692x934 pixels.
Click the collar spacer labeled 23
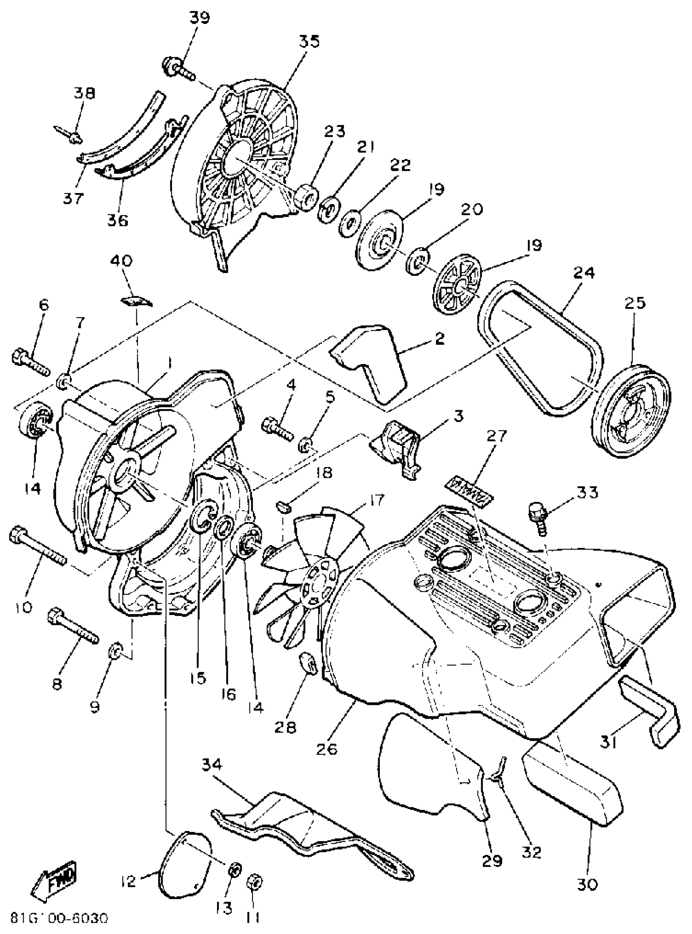pyautogui.click(x=307, y=196)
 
